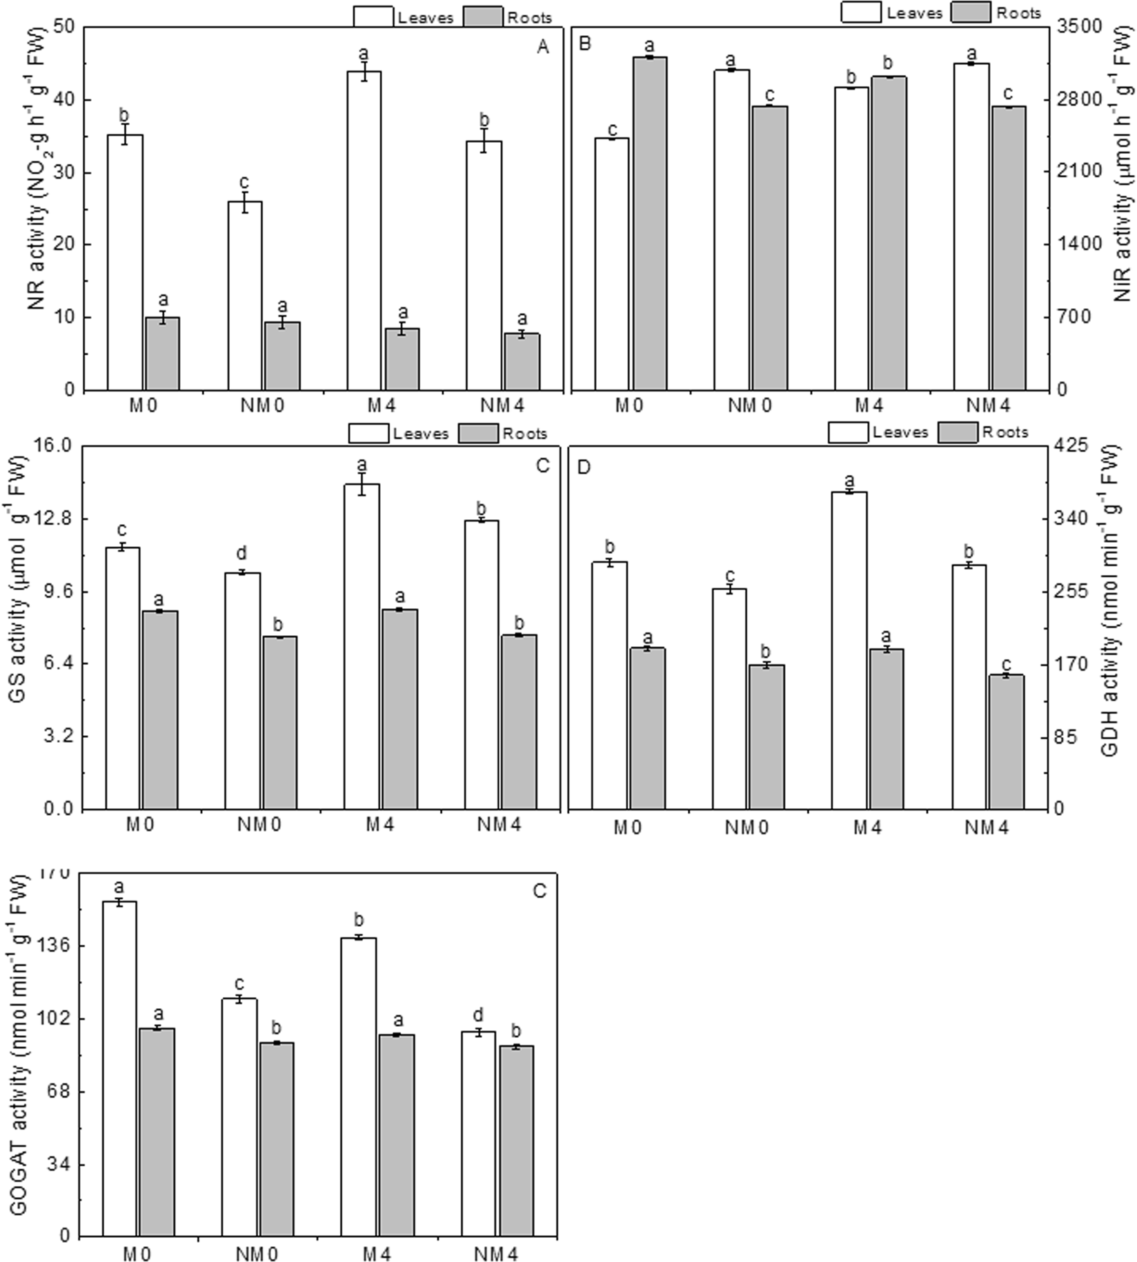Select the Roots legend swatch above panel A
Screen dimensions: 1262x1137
click(x=482, y=17)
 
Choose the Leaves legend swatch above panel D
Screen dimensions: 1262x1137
click(x=848, y=432)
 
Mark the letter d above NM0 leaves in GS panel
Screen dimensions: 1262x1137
click(x=241, y=553)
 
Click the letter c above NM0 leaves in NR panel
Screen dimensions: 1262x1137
click(x=244, y=182)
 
